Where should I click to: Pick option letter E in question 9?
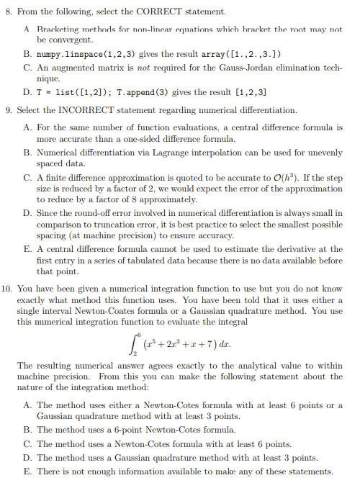(x=27, y=249)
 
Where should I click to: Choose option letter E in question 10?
(x=27, y=471)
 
